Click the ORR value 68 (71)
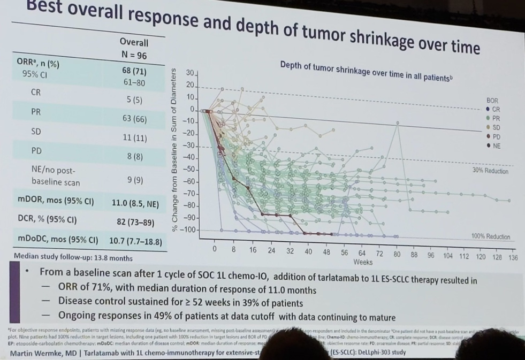[x=134, y=71]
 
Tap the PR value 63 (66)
[x=134, y=118]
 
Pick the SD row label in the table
[x=36, y=131]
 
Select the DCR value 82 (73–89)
[x=135, y=222]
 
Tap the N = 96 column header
[x=134, y=55]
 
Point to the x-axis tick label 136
[x=513, y=257]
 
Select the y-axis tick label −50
[x=188, y=169]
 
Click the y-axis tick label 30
[x=191, y=72]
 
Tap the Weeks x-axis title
[x=363, y=262]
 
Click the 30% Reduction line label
[x=490, y=171]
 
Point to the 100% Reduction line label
[x=490, y=236]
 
